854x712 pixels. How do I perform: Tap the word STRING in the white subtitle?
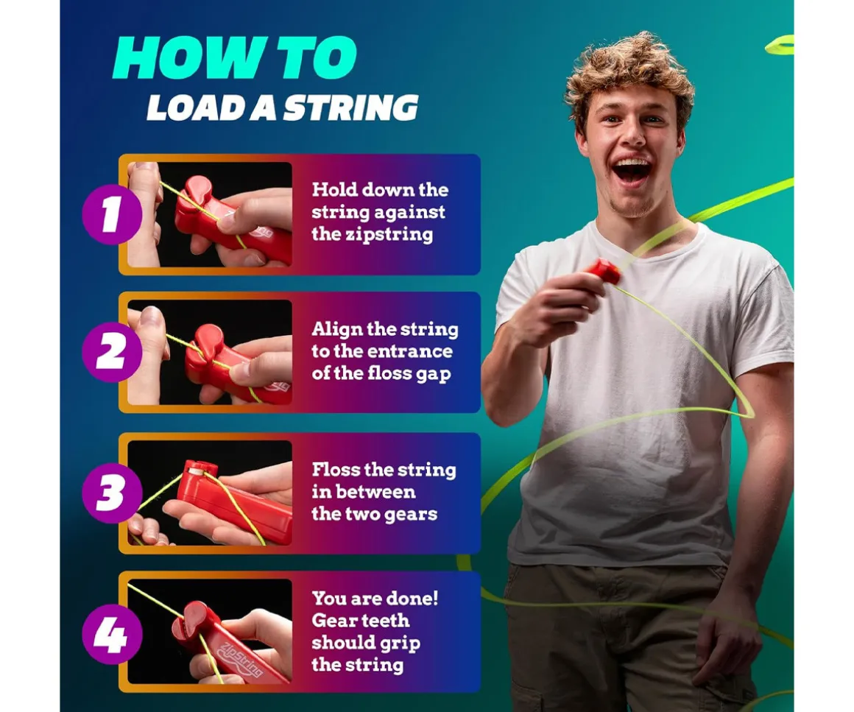[350, 107]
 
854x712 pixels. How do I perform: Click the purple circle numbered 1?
[112, 215]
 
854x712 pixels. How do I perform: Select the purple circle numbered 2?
[112, 353]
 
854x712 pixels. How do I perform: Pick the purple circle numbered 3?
[112, 493]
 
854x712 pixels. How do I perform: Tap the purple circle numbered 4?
[112, 634]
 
